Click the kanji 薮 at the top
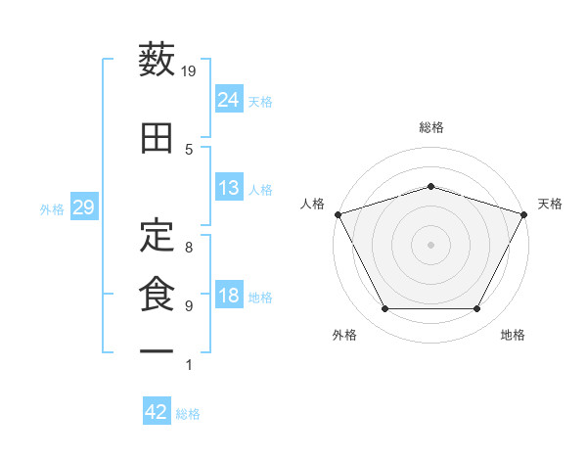[157, 59]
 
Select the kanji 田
[157, 138]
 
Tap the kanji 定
[157, 235]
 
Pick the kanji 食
[157, 294]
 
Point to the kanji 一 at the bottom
[157, 351]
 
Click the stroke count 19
[188, 71]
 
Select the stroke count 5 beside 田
[189, 150]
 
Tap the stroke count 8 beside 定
[189, 248]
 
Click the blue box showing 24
[229, 99]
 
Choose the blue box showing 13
[229, 187]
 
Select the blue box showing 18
[229, 294]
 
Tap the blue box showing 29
[84, 207]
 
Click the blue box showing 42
[157, 410]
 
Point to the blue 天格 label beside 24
[260, 102]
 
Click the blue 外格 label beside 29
[52, 209]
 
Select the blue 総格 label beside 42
[188, 414]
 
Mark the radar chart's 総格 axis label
[430, 127]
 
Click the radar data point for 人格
[339, 214]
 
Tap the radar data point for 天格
[523, 214]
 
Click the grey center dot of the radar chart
[430, 245]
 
